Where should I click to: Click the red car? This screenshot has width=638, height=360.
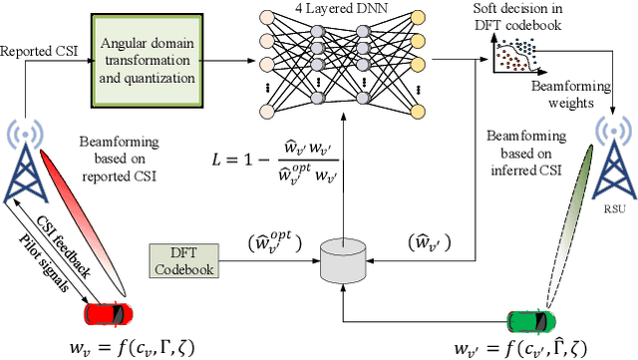point(108,312)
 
